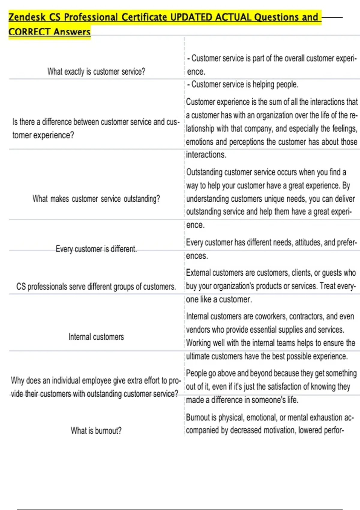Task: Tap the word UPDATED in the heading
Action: tap(191, 17)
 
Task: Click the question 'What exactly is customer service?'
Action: tap(96, 72)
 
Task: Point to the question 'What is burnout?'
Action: tap(96, 431)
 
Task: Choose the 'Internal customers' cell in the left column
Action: tap(96, 337)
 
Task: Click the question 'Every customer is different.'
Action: tap(96, 249)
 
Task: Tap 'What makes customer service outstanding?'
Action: tap(96, 199)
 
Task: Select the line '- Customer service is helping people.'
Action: tap(242, 85)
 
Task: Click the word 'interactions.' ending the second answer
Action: tap(206, 155)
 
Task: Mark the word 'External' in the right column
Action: tap(198, 273)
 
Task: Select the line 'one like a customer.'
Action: tap(219, 299)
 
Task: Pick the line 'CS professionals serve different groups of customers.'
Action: tap(96, 286)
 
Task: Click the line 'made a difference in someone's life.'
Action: tap(242, 400)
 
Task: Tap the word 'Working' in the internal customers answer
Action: tap(198, 343)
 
